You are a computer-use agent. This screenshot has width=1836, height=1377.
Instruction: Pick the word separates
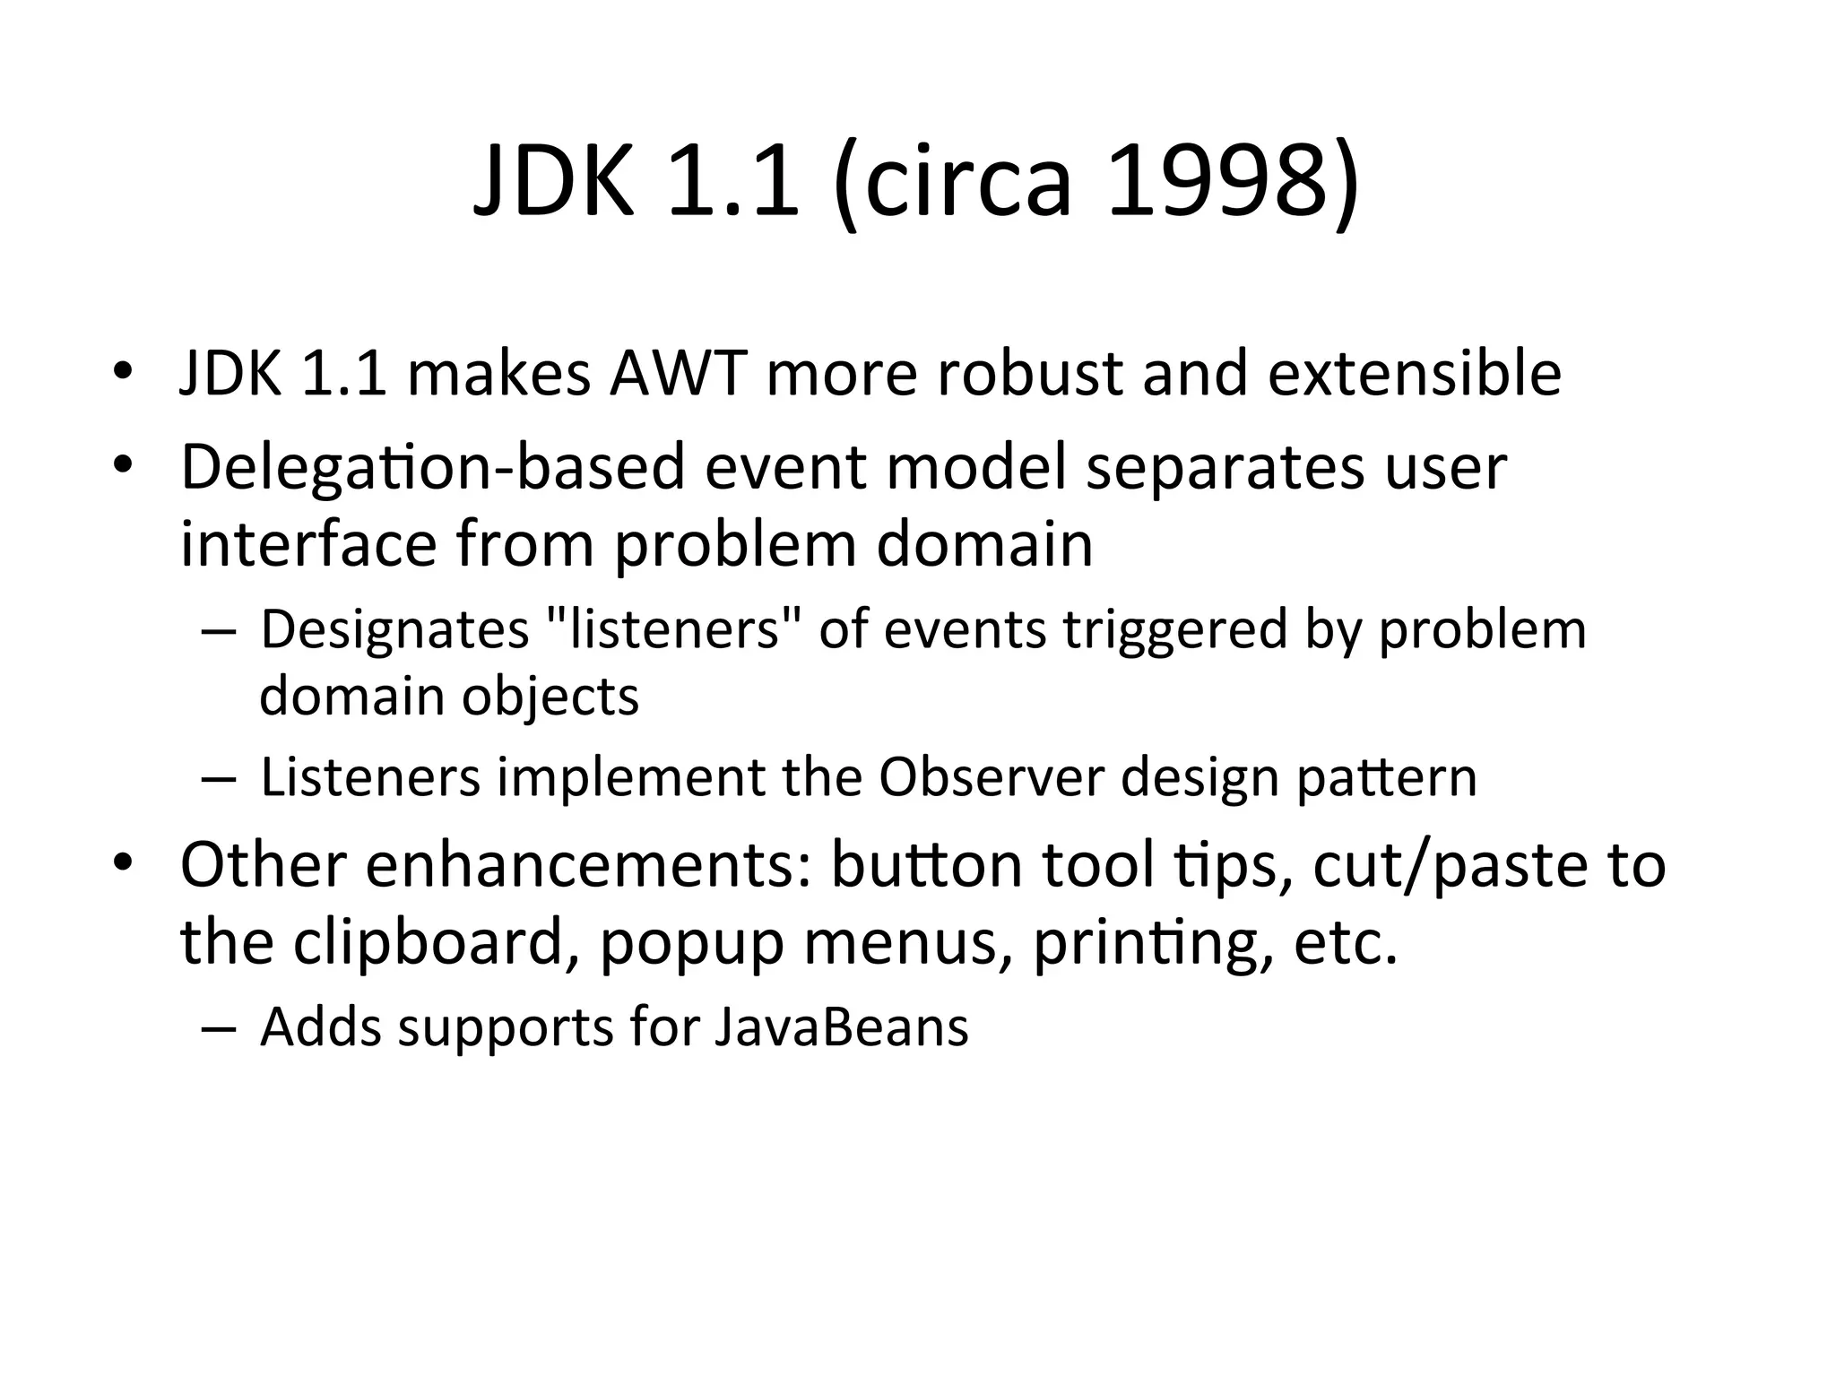click(x=1225, y=468)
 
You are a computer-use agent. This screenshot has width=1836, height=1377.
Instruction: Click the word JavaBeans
click(x=842, y=1027)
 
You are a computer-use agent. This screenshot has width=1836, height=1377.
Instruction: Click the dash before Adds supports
click(x=219, y=1028)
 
